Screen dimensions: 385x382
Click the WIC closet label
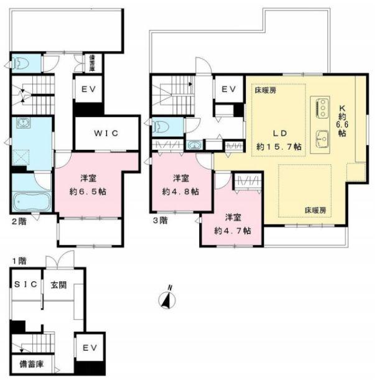[x=106, y=132]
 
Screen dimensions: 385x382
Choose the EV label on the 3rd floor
[x=228, y=89]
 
